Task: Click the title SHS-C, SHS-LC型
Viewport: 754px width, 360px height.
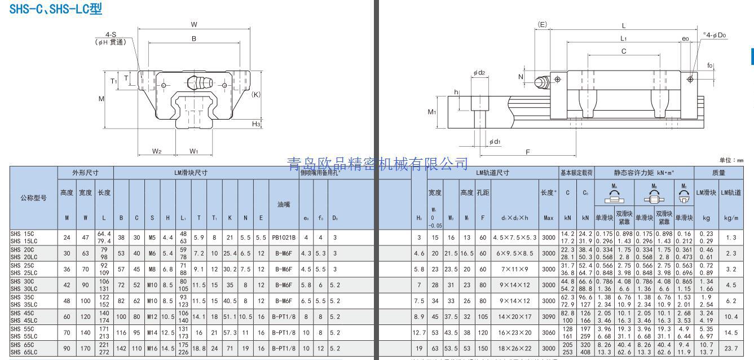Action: point(56,8)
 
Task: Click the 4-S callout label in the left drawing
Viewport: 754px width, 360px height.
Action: point(110,34)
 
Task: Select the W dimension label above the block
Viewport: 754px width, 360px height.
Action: point(193,24)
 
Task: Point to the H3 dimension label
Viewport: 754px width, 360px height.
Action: point(256,124)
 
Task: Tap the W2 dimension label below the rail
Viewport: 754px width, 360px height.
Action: point(157,151)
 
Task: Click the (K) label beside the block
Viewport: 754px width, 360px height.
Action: point(255,94)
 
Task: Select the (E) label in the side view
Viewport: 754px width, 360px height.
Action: point(542,24)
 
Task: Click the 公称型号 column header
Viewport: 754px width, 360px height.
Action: point(33,197)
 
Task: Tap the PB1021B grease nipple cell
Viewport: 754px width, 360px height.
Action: point(284,238)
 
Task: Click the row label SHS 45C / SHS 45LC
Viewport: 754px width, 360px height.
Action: point(23,317)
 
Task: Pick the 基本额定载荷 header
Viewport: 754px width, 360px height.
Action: point(576,173)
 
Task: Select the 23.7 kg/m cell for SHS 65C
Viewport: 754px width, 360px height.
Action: point(731,348)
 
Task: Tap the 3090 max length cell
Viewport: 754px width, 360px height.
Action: point(548,317)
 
